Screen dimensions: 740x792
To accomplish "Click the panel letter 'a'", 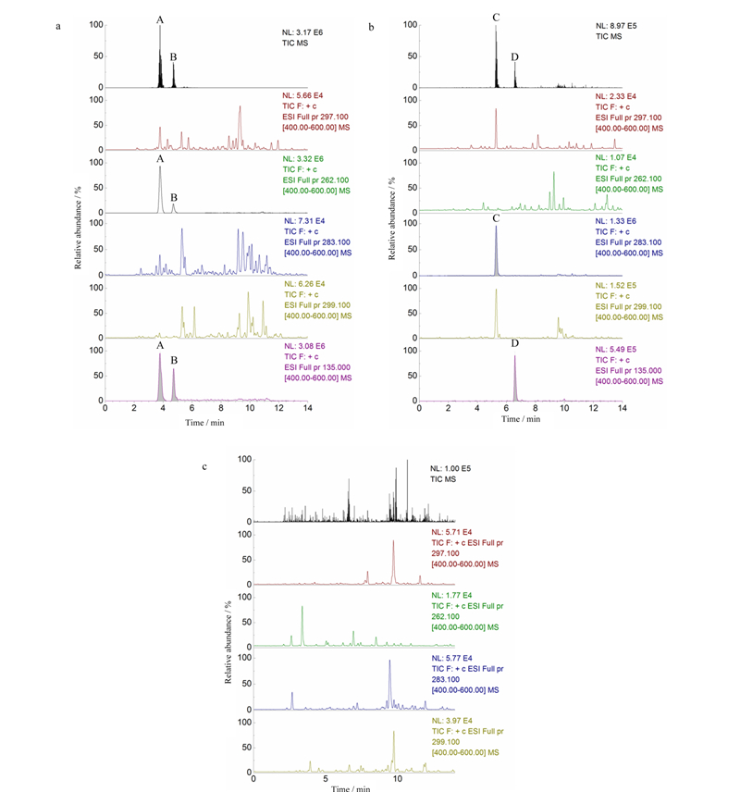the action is pyautogui.click(x=58, y=26).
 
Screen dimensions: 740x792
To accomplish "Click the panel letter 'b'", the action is pyautogui.click(x=371, y=27).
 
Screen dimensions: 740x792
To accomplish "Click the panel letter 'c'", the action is pyautogui.click(x=204, y=466).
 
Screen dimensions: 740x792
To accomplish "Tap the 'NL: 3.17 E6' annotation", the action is pyautogui.click(x=302, y=32).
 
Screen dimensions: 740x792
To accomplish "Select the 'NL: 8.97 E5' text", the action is pyautogui.click(x=616, y=26).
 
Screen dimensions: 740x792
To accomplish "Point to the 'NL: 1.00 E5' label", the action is pyautogui.click(x=450, y=469).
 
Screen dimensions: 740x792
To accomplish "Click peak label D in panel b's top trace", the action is pyautogui.click(x=514, y=57).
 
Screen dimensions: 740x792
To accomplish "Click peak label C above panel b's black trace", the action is pyautogui.click(x=496, y=18).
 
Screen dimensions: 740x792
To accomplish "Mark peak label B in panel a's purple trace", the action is pyautogui.click(x=174, y=360).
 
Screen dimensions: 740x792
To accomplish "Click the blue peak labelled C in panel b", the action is pyautogui.click(x=496, y=251).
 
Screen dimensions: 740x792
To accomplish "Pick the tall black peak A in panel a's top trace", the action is pyautogui.click(x=160, y=56).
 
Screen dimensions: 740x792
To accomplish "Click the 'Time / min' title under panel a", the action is pyautogui.click(x=204, y=423).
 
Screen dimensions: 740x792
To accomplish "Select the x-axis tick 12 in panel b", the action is pyautogui.click(x=594, y=408).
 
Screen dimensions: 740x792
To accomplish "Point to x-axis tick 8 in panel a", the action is pyautogui.click(x=221, y=408).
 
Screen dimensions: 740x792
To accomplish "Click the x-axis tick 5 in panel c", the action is pyautogui.click(x=326, y=779).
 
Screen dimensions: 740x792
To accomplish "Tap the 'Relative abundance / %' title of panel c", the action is pyautogui.click(x=228, y=642).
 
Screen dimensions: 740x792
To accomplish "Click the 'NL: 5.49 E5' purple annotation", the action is pyautogui.click(x=616, y=350).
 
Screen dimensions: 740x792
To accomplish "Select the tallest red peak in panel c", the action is pyautogui.click(x=393, y=563).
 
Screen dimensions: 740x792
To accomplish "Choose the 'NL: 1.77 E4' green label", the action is pyautogui.click(x=451, y=596).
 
